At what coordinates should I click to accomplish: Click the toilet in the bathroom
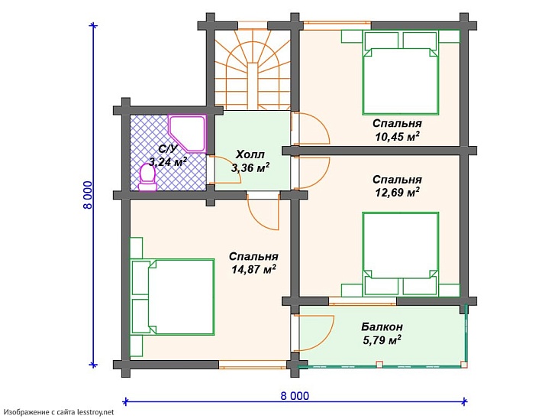147,177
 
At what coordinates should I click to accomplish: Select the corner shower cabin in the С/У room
187,132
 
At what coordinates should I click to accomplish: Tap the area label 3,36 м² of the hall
250,167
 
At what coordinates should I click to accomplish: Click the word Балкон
382,326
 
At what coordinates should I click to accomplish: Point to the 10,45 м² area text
397,136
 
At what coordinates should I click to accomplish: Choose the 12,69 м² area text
397,192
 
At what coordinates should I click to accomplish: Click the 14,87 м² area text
253,269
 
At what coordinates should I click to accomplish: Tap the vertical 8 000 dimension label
88,195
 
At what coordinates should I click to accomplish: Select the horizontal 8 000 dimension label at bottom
295,396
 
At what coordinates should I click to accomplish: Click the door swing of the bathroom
224,170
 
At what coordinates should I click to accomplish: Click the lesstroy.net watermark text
60,412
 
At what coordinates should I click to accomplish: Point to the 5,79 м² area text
382,339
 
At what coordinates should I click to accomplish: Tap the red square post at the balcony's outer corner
463,365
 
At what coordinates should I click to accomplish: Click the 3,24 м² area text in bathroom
168,162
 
